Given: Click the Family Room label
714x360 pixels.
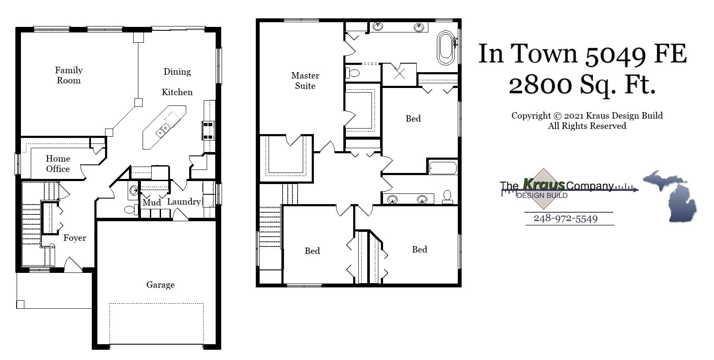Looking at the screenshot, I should pos(69,75).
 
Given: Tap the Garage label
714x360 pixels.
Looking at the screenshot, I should pos(161,285).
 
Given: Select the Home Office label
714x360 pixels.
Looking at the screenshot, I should pos(58,164).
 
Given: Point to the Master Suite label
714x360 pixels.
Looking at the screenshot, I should pos(305,80).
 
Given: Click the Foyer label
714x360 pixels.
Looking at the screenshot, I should pos(75,238).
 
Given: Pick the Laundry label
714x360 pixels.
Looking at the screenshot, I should pos(184,202).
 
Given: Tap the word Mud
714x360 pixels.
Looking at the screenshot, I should pos(152,202).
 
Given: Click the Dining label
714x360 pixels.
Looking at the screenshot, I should pos(177,72).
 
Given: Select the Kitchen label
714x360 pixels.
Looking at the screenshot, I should pos(177,92).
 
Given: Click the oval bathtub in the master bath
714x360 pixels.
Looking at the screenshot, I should pos(446,48).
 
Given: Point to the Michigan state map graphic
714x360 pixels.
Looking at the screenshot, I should pos(670,195).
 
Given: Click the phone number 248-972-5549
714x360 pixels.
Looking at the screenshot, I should pos(565,219).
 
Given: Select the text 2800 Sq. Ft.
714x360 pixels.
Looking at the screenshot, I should pos(582,85).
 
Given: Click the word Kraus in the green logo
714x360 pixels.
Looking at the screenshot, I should pos(544,184).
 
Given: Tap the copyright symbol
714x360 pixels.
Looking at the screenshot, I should pos(557,116).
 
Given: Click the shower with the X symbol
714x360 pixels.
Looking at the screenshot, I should pos(400,74).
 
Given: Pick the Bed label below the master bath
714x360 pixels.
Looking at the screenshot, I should pos(413,119).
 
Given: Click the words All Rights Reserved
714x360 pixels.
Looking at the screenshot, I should pos(587,126).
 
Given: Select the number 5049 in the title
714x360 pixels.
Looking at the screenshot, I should pos(615,54).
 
